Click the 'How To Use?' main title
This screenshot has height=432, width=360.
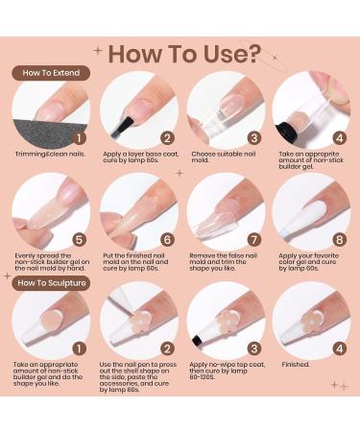tap(184, 54)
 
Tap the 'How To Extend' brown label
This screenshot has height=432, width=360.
tap(51, 73)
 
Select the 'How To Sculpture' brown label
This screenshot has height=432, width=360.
tap(51, 283)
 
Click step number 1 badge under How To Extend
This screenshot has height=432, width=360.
tap(79, 138)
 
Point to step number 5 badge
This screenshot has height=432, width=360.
tap(79, 240)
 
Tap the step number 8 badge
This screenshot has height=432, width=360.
tap(340, 240)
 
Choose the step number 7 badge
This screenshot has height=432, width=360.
tap(254, 240)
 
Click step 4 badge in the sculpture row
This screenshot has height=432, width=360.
tap(340, 348)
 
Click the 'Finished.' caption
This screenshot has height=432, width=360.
tap(296, 365)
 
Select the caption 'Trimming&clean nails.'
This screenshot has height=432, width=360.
tap(50, 154)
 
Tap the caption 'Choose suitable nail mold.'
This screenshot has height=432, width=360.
tap(224, 156)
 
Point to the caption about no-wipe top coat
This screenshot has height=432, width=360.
tap(228, 371)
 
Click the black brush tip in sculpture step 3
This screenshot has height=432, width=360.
tap(198, 340)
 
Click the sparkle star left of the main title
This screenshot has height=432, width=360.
tap(98, 51)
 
